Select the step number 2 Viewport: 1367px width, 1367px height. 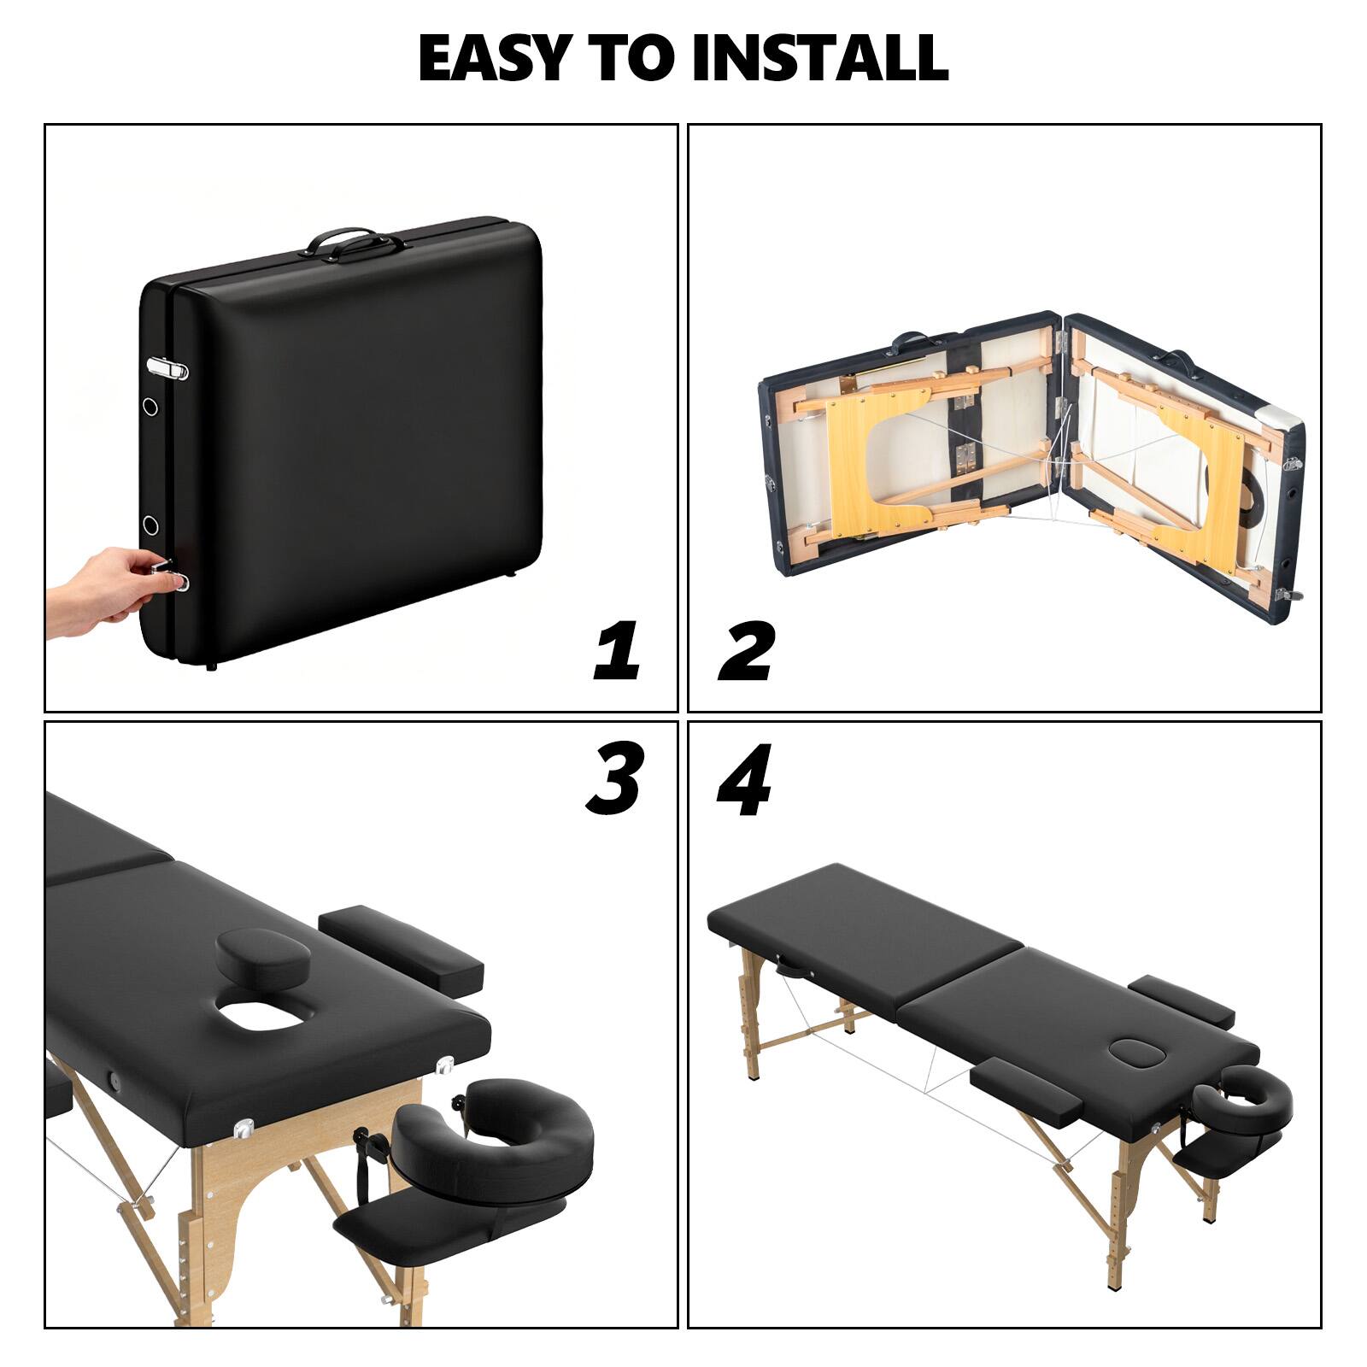[x=746, y=651]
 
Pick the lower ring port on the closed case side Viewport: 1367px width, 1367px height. [x=151, y=524]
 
